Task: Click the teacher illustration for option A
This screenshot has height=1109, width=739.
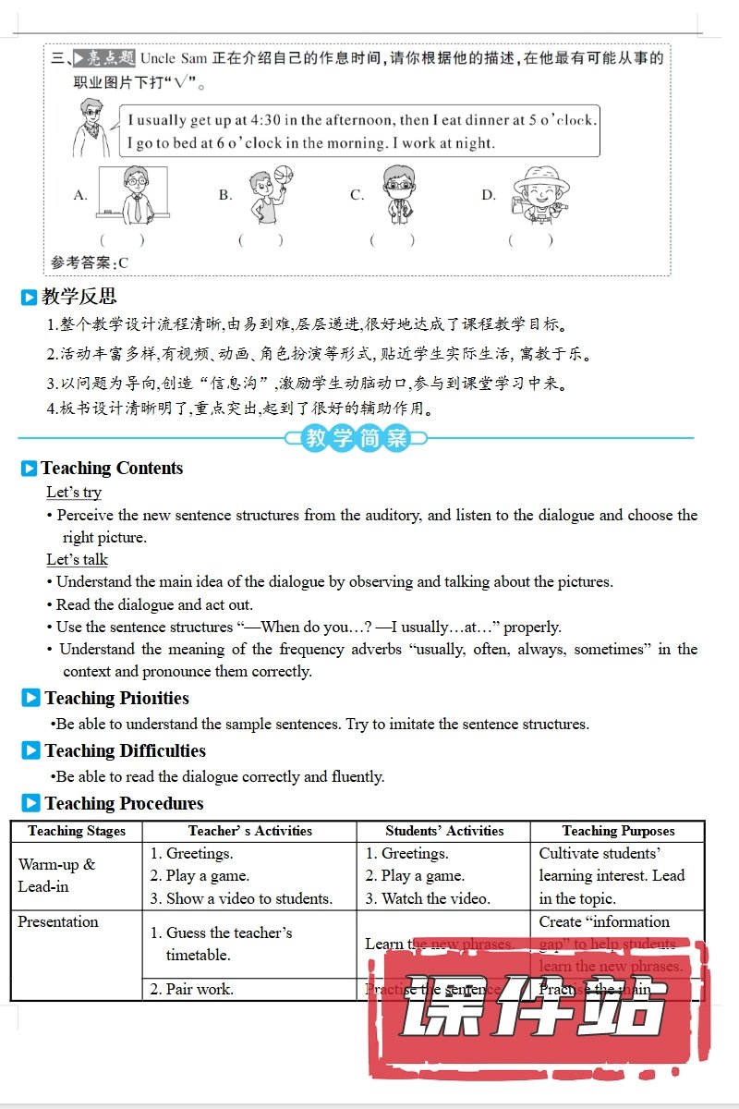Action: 134,194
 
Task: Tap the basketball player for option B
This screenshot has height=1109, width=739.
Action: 264,195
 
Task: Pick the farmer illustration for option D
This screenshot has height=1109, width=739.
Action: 540,194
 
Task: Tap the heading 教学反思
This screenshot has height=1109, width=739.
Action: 79,297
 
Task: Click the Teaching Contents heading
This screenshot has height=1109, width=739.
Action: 112,469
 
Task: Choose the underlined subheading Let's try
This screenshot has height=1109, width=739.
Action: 74,493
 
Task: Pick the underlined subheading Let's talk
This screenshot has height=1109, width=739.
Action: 78,560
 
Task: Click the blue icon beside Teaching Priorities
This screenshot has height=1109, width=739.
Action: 30,699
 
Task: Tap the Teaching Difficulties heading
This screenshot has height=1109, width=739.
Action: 125,751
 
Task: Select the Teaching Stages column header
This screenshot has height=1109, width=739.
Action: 77,831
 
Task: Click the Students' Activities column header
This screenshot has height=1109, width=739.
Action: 444,831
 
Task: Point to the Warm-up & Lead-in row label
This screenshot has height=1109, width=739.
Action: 56,875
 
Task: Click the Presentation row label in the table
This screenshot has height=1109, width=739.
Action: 57,921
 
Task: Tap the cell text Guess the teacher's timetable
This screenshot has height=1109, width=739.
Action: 221,944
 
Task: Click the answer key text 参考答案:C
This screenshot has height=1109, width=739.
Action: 90,262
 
